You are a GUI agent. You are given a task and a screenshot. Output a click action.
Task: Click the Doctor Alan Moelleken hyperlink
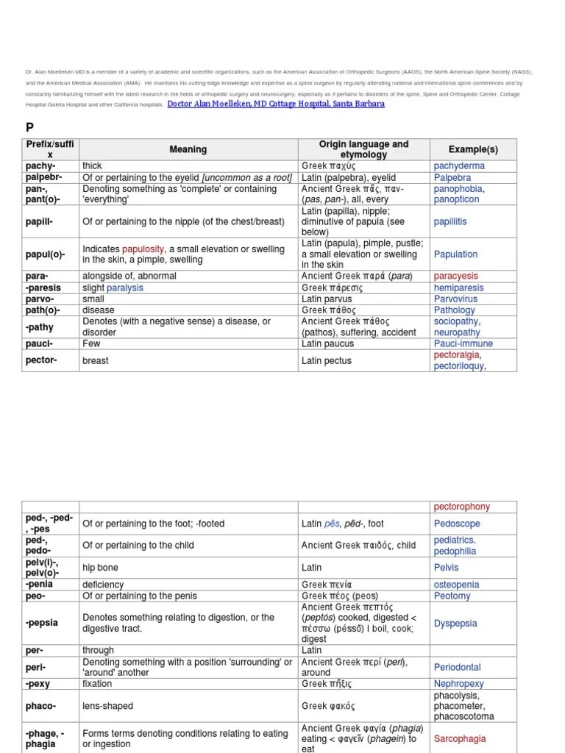276,104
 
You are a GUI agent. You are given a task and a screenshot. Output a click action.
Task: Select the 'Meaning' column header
188,149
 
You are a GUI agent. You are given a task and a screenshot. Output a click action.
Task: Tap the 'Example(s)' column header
473,149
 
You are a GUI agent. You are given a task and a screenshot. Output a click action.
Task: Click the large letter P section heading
30,126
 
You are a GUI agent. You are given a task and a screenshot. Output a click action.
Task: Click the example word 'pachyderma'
459,166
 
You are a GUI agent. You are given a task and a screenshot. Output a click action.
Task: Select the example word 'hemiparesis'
459,288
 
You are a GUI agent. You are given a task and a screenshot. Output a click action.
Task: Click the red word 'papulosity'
144,249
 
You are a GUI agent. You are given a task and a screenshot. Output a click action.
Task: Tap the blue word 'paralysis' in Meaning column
125,288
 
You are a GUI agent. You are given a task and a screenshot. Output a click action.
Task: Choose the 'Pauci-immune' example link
463,343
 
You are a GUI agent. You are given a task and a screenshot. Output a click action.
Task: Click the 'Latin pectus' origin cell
327,361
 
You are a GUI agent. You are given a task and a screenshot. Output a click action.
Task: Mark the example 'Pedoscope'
457,524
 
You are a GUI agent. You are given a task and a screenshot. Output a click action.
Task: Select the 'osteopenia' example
456,585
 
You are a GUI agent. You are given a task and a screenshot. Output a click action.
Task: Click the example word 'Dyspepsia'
455,623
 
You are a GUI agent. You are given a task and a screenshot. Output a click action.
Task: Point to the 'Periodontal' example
457,667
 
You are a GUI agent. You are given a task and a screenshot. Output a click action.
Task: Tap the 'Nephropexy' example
459,683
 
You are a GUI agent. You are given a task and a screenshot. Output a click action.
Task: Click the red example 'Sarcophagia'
460,738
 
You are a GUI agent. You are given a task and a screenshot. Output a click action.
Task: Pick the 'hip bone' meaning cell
100,568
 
